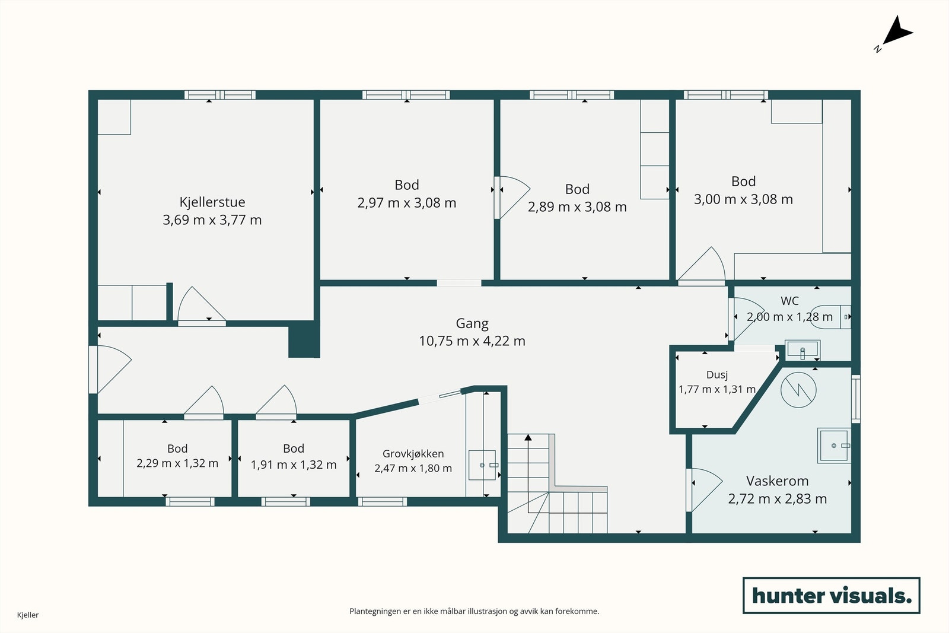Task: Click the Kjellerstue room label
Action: pyautogui.click(x=212, y=202)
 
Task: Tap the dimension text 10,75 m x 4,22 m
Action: pyautogui.click(x=472, y=341)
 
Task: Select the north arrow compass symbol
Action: pyautogui.click(x=895, y=34)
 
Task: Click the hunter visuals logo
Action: pyautogui.click(x=831, y=595)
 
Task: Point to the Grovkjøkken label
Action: pyautogui.click(x=413, y=454)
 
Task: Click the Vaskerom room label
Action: pyautogui.click(x=778, y=481)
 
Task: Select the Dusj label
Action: pyautogui.click(x=717, y=375)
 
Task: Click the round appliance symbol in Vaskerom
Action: pyautogui.click(x=798, y=390)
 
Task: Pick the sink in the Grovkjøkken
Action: pyautogui.click(x=482, y=465)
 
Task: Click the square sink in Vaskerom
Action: pyautogui.click(x=834, y=446)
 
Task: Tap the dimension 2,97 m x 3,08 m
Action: pyautogui.click(x=407, y=203)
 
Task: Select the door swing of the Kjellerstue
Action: pyautogui.click(x=202, y=304)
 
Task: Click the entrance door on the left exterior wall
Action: pyautogui.click(x=110, y=370)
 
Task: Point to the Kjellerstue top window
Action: pyautogui.click(x=220, y=95)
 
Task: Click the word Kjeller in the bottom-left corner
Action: pyautogui.click(x=28, y=615)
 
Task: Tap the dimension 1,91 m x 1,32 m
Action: pyautogui.click(x=294, y=465)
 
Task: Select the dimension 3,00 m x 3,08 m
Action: pyautogui.click(x=743, y=199)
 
